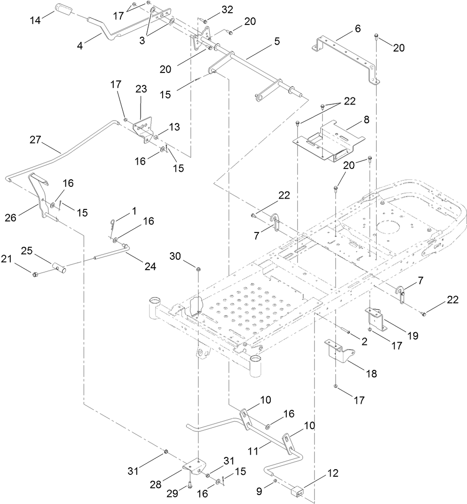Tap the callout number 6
pyautogui.click(x=358, y=28)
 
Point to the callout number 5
pyautogui.click(x=277, y=41)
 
